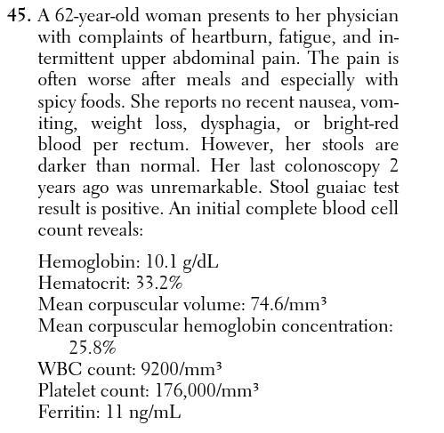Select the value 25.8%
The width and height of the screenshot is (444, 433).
tap(93, 347)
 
